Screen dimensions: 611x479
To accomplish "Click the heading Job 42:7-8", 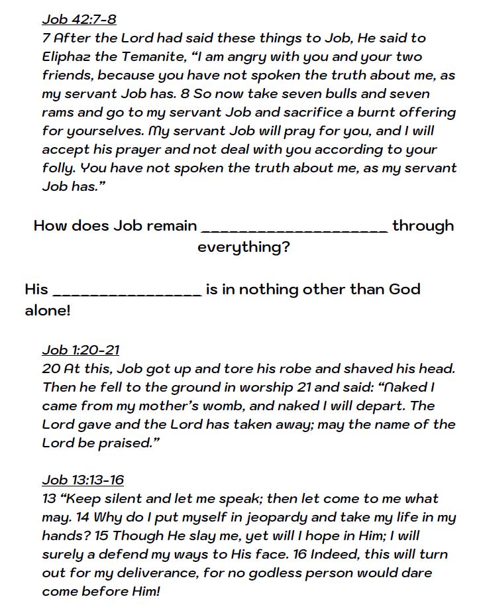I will (x=79, y=19).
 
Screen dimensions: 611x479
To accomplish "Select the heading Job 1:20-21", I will (x=81, y=350).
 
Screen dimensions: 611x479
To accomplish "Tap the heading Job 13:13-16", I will (x=83, y=480).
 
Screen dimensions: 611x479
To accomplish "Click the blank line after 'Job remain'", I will (x=294, y=229).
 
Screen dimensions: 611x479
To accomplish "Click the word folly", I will (x=56, y=168).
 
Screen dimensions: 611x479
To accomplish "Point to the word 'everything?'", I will (x=243, y=248).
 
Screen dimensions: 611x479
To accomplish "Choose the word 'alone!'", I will (x=47, y=310).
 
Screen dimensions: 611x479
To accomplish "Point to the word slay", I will (x=190, y=535).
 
